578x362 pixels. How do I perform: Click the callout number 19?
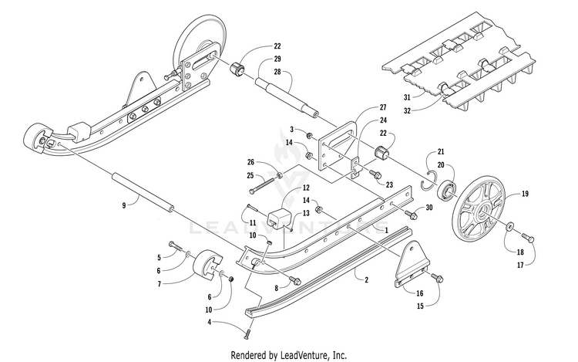[x=525, y=194]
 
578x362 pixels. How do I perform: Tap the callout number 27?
[x=383, y=107]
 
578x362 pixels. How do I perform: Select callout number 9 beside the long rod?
[x=124, y=205]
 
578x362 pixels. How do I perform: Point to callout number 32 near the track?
[x=407, y=110]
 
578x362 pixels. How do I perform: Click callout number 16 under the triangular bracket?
[x=420, y=293]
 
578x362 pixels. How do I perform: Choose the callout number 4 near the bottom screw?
[x=210, y=322]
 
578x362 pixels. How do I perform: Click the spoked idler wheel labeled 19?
[x=477, y=213]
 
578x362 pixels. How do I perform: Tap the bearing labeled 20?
[x=445, y=188]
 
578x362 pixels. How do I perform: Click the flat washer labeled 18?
[x=510, y=226]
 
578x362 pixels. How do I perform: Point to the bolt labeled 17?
[x=528, y=237]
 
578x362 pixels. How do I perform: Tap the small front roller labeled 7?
[x=207, y=267]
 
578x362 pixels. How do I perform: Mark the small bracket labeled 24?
[x=356, y=167]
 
